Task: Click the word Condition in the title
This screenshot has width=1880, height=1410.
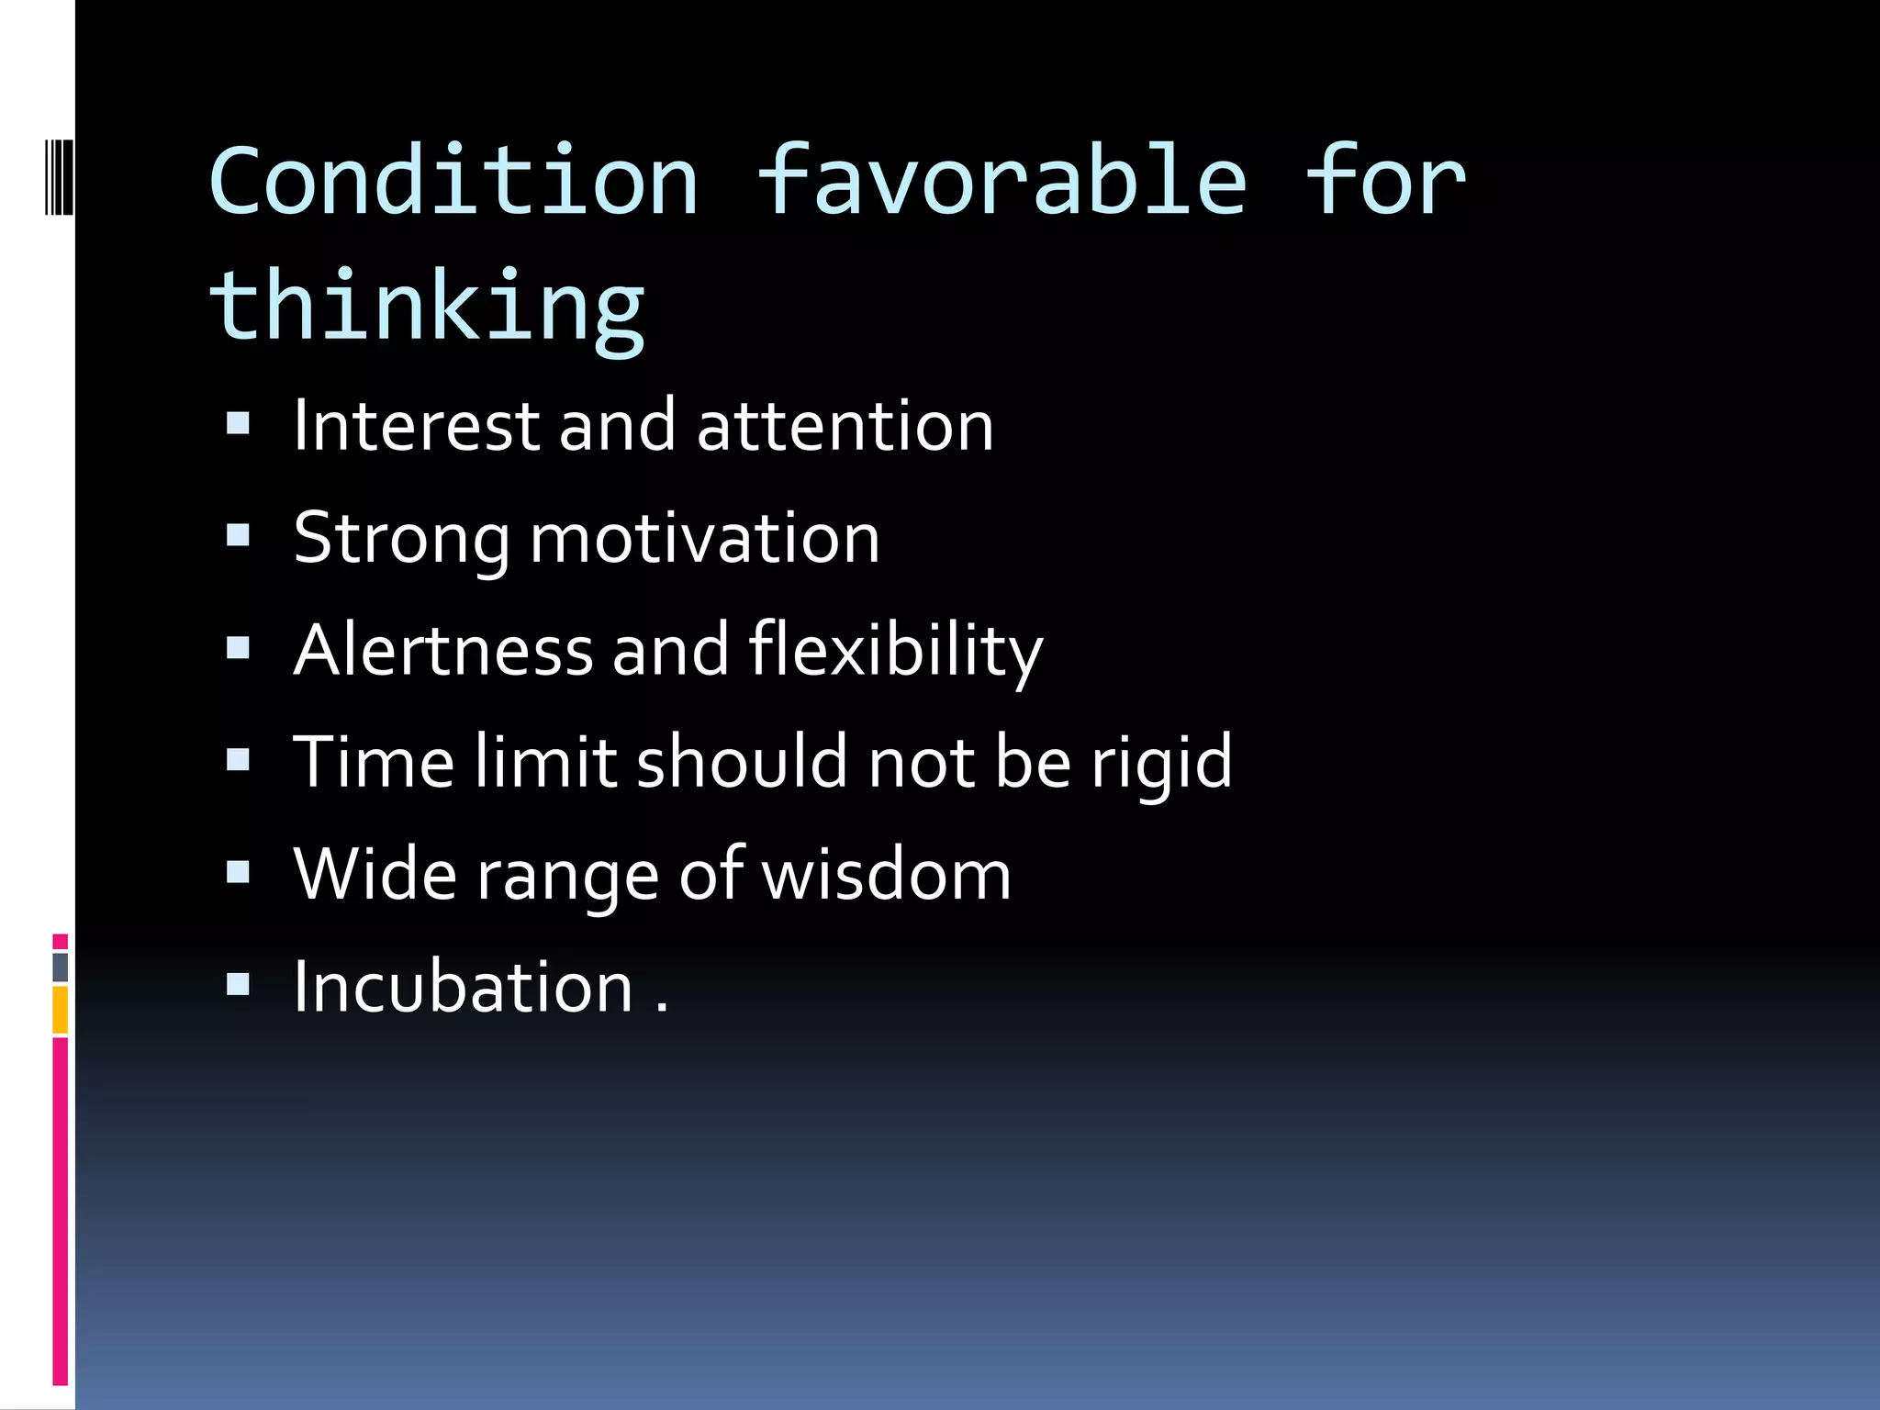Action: pyautogui.click(x=453, y=182)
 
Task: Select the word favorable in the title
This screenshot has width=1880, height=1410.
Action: pyautogui.click(x=1002, y=182)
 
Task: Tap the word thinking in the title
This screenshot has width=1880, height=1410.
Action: pyautogui.click(x=428, y=307)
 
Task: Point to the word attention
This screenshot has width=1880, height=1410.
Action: pyautogui.click(x=845, y=426)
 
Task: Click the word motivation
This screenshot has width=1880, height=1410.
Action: pyautogui.click(x=705, y=539)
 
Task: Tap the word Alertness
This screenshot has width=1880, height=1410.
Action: pyautogui.click(x=443, y=650)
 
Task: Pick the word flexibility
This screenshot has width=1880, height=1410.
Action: pyautogui.click(x=896, y=650)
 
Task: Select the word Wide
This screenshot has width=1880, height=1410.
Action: pyautogui.click(x=375, y=874)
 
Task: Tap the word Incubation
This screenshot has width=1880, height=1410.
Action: pyautogui.click(x=463, y=987)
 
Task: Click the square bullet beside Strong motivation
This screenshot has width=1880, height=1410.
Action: pyautogui.click(x=238, y=535)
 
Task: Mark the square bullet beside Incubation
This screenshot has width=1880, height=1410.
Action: pyautogui.click(x=238, y=984)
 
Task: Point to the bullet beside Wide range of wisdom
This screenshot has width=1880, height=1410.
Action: pyautogui.click(x=238, y=871)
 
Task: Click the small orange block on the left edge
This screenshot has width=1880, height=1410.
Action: pyautogui.click(x=60, y=1010)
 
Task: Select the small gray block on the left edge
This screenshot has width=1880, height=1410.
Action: pyautogui.click(x=60, y=967)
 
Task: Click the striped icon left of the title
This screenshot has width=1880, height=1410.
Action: pyautogui.click(x=59, y=175)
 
